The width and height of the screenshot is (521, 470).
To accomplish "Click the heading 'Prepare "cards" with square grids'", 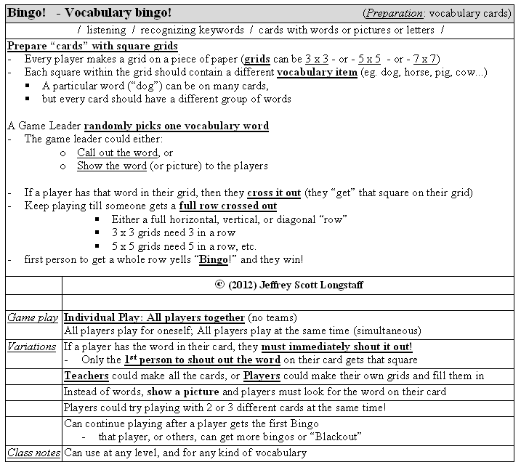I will click(x=92, y=46).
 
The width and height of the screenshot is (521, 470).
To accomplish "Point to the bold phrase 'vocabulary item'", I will click(x=317, y=73).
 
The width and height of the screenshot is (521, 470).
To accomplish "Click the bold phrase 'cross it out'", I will click(x=274, y=193).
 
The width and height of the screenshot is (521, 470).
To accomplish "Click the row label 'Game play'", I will click(x=33, y=317).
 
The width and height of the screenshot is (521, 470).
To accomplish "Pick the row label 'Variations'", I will click(x=33, y=347).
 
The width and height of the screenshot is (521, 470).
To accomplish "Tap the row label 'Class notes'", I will click(x=33, y=453).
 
